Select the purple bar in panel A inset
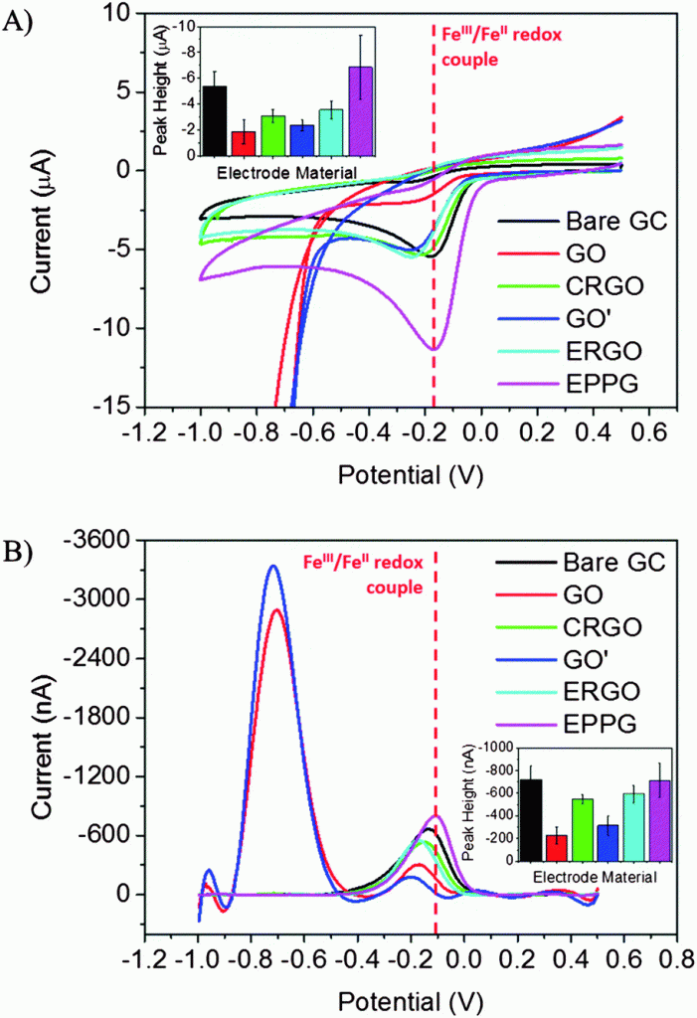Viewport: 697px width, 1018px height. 361,111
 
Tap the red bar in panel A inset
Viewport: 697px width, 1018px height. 243,143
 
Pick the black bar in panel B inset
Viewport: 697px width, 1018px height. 531,820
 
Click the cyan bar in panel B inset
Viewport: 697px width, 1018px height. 634,827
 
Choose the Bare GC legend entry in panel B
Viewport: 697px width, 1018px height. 581,563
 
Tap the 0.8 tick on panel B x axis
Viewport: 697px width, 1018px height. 677,959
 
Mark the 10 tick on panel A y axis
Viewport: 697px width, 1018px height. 122,13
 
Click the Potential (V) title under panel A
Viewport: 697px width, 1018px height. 411,475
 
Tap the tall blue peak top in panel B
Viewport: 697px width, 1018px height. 273,566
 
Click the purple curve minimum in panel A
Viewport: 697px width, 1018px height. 434,349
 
